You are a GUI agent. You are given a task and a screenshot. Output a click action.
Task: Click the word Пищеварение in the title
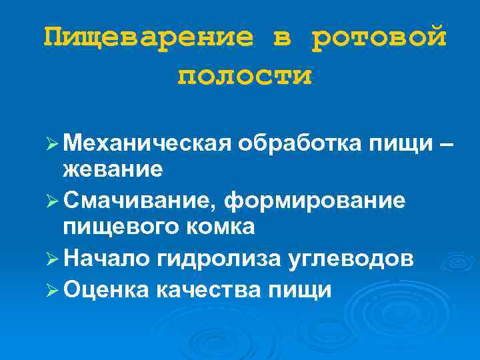(148, 37)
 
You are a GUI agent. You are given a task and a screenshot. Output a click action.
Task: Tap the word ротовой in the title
(379, 37)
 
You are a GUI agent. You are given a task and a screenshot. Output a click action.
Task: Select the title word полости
(244, 76)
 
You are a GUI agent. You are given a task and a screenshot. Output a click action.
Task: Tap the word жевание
(112, 169)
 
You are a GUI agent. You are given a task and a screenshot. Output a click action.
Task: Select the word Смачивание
(140, 199)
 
